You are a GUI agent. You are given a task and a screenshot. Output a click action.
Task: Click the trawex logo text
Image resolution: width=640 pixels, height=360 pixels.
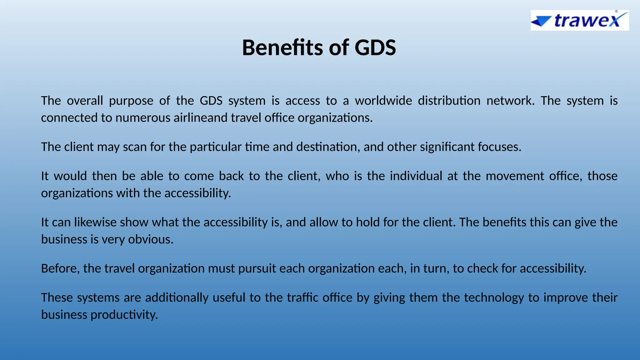click(587, 21)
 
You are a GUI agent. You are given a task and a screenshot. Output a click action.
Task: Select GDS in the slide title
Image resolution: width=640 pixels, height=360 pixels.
click(375, 48)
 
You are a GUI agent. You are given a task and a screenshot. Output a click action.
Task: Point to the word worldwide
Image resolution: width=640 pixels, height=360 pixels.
click(383, 101)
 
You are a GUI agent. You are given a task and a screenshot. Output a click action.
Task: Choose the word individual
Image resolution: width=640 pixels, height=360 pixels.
click(416, 176)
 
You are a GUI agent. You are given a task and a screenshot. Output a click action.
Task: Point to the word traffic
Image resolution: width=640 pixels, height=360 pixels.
click(302, 297)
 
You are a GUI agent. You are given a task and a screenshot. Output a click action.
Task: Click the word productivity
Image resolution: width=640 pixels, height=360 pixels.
click(124, 315)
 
